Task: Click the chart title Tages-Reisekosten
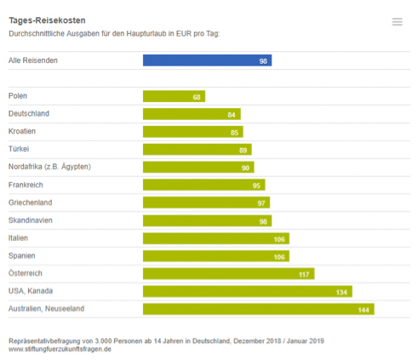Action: click(x=47, y=19)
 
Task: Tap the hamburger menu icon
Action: click(x=397, y=22)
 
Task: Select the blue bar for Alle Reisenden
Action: click(x=206, y=60)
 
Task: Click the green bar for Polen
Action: click(x=173, y=96)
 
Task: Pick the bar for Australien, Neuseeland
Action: click(x=257, y=309)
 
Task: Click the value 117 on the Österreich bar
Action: click(x=304, y=274)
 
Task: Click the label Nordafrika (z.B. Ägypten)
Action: click(x=49, y=167)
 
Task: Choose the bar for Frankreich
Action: click(x=203, y=185)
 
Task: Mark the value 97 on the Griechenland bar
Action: click(x=262, y=203)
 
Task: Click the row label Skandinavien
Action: click(x=31, y=220)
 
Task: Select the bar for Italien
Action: click(x=215, y=238)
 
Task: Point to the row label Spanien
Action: click(x=22, y=255)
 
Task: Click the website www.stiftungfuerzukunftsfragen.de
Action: click(x=60, y=348)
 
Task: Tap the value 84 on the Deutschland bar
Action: click(x=232, y=114)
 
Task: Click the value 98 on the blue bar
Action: click(x=264, y=61)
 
